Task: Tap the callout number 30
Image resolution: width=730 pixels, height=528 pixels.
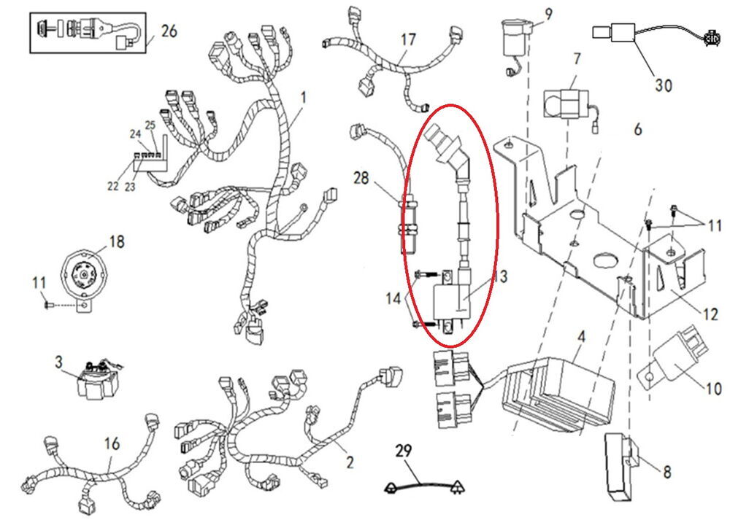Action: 662,85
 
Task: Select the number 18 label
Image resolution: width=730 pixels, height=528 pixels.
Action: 118,242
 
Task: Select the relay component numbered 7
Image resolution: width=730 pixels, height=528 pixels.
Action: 566,101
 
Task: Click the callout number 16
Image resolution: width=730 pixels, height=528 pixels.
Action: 110,443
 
